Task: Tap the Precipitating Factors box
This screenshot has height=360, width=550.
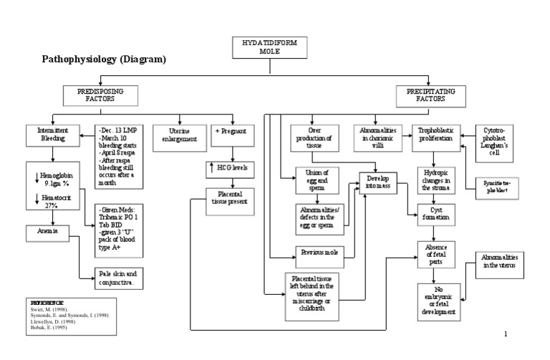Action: coord(430,94)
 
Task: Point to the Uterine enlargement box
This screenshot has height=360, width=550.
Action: coord(175,135)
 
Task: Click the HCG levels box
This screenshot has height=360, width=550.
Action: coord(231,168)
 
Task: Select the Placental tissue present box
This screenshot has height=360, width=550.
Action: coord(231,197)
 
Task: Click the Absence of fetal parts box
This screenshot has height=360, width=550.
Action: coord(436,253)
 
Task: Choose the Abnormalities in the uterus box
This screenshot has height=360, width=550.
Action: coord(500,261)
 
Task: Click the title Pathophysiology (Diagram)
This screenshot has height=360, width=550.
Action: coord(104,59)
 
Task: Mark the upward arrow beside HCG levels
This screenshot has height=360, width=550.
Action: coord(211,168)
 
